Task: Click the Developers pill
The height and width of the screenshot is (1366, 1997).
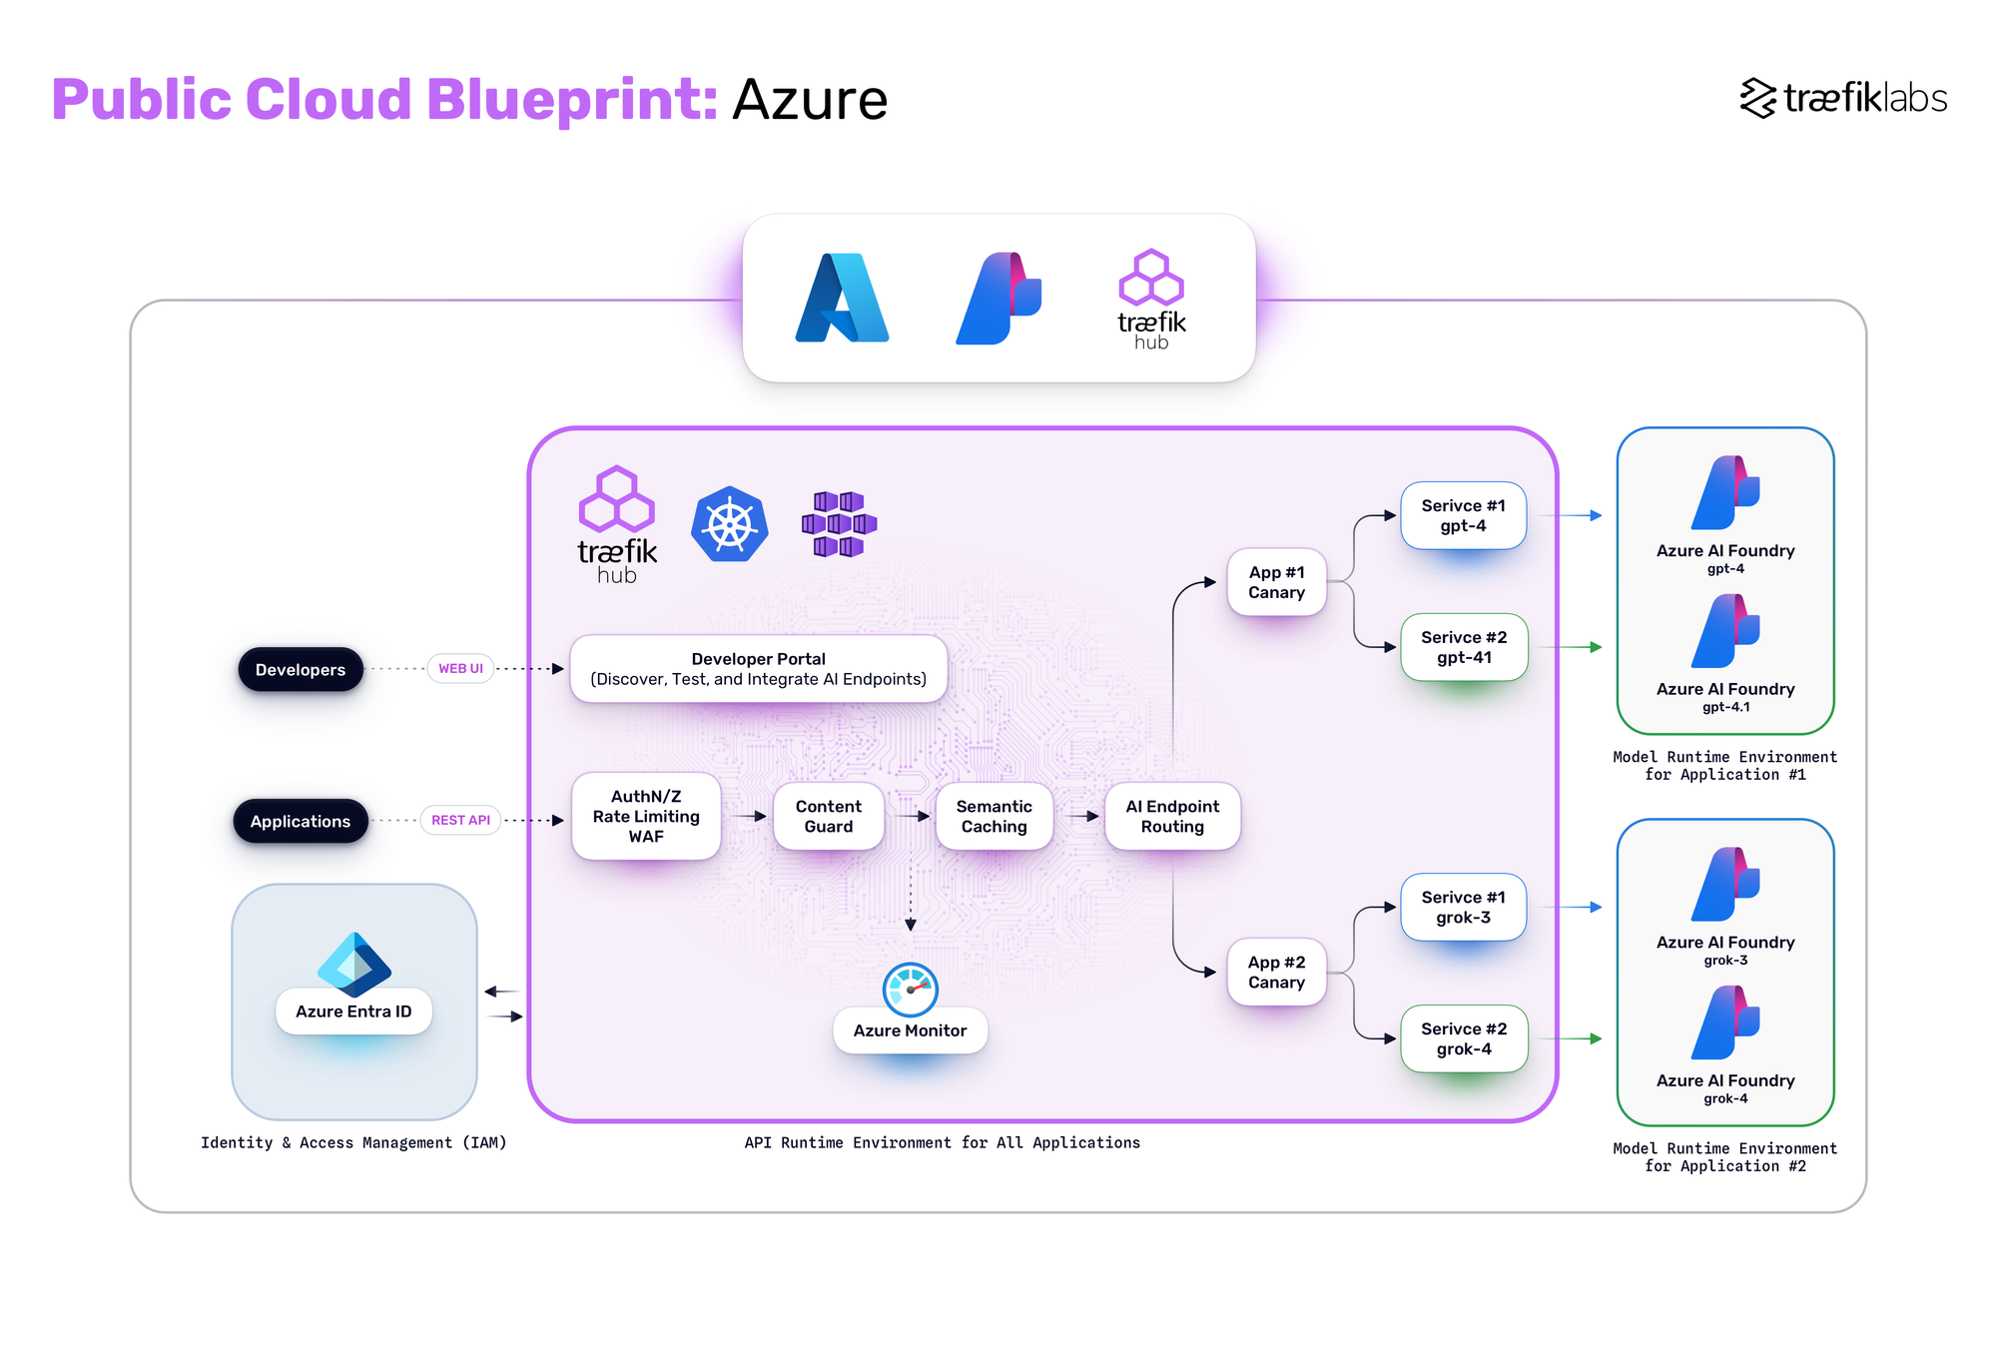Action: tap(300, 669)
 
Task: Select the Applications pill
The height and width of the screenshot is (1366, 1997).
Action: tap(300, 821)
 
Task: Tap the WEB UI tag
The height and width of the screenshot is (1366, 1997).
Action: tap(460, 668)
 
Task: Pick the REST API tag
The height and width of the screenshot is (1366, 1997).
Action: tap(460, 820)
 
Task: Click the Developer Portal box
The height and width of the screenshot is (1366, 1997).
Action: tap(758, 669)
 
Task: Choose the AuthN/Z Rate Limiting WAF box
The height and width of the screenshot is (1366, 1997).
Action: tap(646, 816)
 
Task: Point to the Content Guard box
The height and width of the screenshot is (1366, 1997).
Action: tap(828, 816)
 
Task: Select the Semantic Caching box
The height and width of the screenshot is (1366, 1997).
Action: tap(994, 816)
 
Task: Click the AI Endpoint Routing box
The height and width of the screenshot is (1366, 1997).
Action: tap(1172, 816)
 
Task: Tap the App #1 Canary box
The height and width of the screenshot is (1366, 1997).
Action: tap(1276, 582)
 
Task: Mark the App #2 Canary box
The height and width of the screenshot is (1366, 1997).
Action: tap(1276, 973)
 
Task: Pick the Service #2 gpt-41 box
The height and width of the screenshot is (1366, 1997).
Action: tap(1464, 647)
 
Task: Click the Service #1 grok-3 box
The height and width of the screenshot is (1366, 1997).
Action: tap(1463, 907)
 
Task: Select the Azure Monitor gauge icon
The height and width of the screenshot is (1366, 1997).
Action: tap(910, 989)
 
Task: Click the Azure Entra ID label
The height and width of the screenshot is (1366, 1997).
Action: tap(353, 1012)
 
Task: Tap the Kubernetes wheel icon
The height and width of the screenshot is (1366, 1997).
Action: tap(730, 524)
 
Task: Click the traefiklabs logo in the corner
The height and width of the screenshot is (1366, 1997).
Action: tap(1843, 98)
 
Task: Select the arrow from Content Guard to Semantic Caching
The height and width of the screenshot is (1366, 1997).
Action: tap(910, 816)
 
